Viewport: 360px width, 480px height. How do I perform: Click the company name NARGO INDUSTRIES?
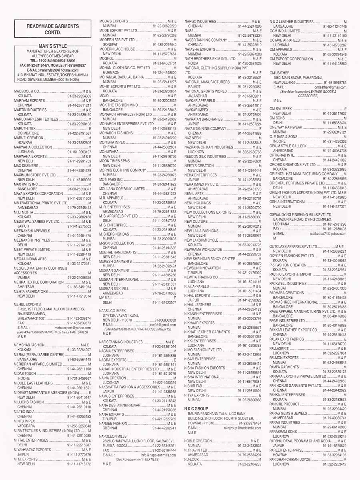tap(200, 21)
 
